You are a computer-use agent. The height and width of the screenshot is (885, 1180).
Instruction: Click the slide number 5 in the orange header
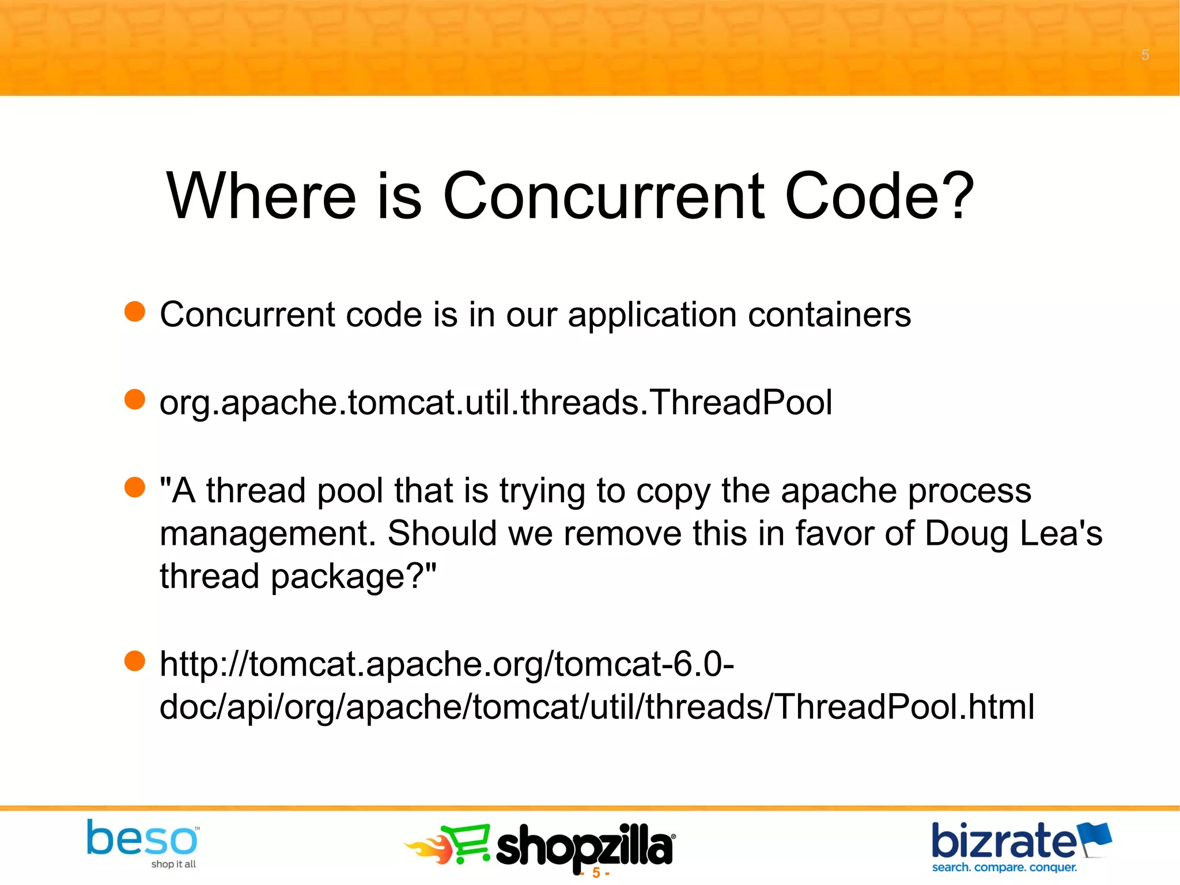1145,55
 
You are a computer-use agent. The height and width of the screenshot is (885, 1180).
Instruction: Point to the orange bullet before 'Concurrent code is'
135,312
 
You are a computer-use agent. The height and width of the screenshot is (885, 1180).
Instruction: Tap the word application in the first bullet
652,316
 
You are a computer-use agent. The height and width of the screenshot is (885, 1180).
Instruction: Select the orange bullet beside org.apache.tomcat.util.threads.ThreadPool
135,400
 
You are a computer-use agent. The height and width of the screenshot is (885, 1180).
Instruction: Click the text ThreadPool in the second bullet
742,402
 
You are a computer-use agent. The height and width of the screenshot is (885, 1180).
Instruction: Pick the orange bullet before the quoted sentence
135,487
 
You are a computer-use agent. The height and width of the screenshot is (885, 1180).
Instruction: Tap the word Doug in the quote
966,533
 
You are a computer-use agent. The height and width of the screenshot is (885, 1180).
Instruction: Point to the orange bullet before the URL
135,661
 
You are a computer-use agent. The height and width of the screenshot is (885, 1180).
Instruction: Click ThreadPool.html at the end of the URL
905,707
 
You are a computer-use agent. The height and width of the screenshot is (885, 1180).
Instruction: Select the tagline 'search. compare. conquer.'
1004,867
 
